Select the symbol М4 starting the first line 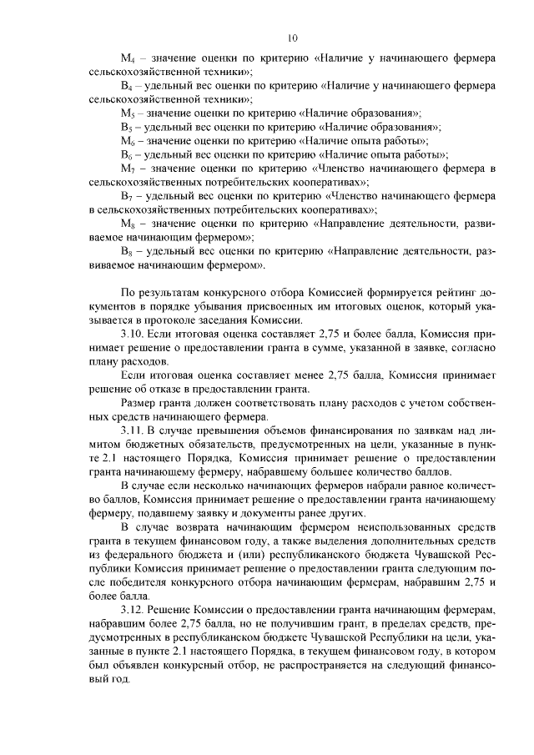point(128,58)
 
